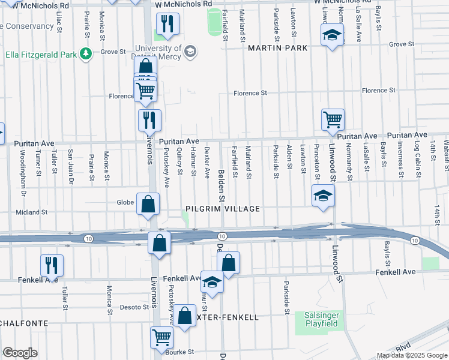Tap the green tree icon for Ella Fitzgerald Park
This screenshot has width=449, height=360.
tap(87, 55)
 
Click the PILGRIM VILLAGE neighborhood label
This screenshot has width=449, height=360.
tap(222, 209)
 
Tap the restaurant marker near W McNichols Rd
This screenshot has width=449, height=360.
tap(167, 24)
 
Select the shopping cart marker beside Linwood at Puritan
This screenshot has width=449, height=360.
tap(333, 119)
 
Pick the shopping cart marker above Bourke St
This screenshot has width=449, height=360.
tap(161, 338)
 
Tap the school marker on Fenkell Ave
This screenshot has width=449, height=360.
tap(212, 281)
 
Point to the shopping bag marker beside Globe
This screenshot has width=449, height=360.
tap(148, 204)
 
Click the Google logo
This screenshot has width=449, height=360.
tap(20, 353)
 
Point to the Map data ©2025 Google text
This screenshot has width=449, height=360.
tap(411, 355)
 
